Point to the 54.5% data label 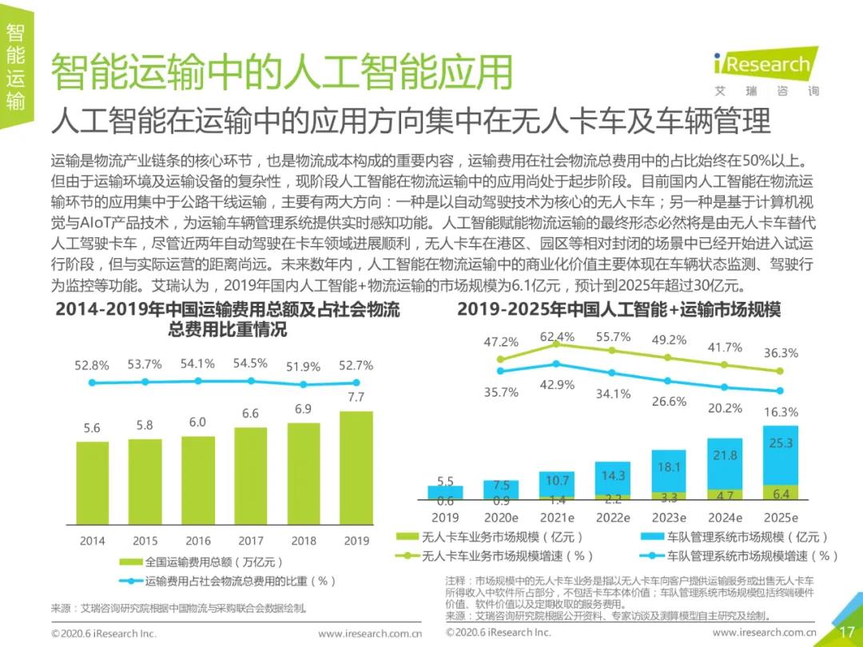[250, 363]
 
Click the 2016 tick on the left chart [198, 541]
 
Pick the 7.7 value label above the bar [356, 397]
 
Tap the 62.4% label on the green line [557, 337]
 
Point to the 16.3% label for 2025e [781, 412]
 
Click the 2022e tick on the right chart [613, 518]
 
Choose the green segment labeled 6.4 [781, 493]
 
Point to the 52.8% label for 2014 [92, 365]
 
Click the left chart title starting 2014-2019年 [228, 319]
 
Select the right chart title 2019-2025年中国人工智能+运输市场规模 [618, 309]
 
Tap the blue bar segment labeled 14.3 [613, 477]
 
